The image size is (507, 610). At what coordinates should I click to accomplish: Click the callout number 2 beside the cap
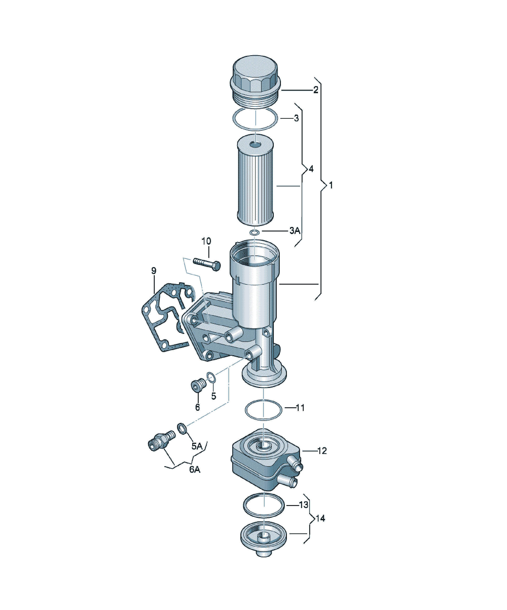316,90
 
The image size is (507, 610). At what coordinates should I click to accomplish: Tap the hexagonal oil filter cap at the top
255,81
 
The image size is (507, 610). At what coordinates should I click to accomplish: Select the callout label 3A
295,231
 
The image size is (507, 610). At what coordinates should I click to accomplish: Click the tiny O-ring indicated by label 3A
255,232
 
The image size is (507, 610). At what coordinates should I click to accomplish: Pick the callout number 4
311,169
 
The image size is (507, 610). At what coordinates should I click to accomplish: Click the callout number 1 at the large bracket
331,185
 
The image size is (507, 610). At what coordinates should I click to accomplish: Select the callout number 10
206,241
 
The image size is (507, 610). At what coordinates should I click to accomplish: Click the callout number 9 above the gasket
154,271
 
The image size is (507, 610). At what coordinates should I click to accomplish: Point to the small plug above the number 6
198,385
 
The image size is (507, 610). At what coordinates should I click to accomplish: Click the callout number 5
214,396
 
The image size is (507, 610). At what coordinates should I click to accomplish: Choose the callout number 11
300,408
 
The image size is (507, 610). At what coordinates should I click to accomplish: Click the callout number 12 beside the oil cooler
322,451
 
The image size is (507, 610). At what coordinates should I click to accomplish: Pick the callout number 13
303,505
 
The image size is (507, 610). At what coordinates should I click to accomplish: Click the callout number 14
320,518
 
